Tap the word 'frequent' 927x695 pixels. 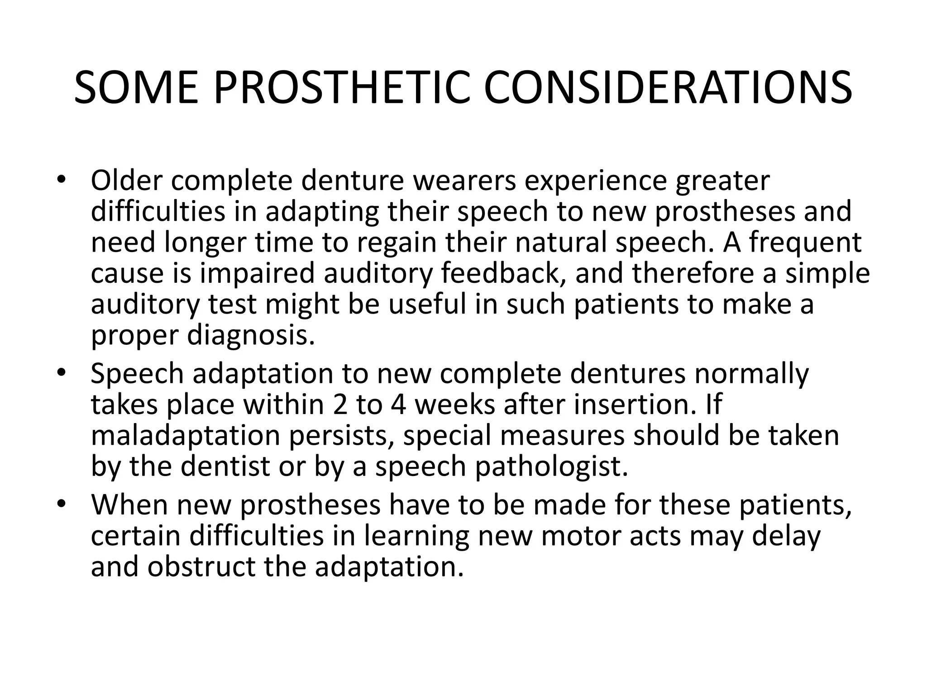[805, 243]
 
